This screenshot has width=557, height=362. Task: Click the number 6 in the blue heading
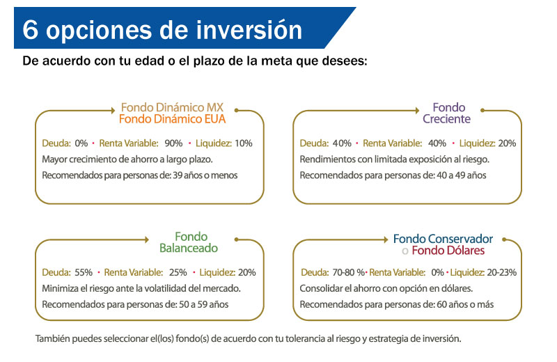coord(30,30)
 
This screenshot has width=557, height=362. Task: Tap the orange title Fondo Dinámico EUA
coord(172,119)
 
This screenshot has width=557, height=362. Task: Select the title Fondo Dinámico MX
coord(172,107)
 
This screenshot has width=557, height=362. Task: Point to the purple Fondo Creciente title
coord(447,113)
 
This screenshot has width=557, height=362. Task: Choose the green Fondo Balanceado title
coord(189,242)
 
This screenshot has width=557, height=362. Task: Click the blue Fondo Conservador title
coord(443,239)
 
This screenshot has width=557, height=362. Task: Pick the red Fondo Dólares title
coord(448,251)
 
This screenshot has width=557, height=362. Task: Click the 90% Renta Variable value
coord(173,143)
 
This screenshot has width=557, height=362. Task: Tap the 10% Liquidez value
coord(243,143)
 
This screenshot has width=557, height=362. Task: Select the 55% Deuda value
coord(84,272)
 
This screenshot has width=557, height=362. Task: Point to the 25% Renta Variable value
coord(178,272)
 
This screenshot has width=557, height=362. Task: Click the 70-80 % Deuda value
coord(348,272)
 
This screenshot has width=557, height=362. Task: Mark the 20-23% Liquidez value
coord(501,272)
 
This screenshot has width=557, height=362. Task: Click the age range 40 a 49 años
coord(462,175)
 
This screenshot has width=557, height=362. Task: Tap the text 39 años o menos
coord(205,175)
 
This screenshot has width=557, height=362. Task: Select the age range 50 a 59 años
coord(204,304)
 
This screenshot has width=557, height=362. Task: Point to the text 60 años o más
coord(465,304)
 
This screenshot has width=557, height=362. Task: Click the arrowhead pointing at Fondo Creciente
coord(417,111)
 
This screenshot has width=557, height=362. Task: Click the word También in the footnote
coord(53,338)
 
